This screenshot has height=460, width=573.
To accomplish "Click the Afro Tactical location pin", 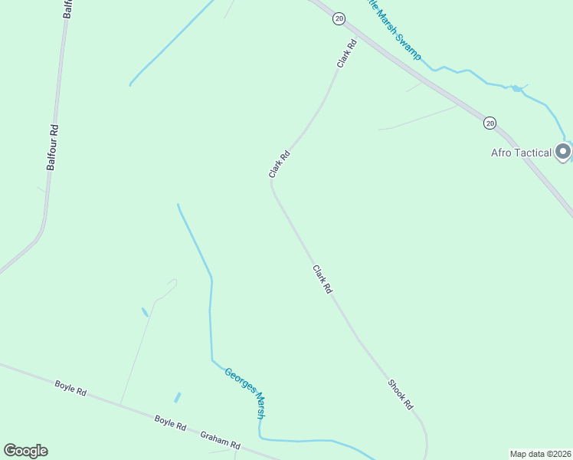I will point(563,152).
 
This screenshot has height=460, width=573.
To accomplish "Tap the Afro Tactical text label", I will point(521,153).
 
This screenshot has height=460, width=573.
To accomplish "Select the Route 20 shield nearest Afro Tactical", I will point(490,123).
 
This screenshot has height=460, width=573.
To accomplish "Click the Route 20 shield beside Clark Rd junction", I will point(339,18).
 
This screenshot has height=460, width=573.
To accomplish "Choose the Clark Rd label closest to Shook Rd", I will point(322,279).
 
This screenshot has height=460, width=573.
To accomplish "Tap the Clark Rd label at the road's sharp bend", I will point(280,164).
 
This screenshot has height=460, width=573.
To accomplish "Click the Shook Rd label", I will point(400,394).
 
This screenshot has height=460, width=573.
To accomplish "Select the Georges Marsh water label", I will point(245,393).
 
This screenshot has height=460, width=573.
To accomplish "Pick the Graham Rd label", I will point(220,440).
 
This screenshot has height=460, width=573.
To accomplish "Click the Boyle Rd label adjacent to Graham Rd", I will point(170,422).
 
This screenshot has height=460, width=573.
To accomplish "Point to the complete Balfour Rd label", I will point(53,146).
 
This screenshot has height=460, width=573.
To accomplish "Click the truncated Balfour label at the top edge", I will point(67,8).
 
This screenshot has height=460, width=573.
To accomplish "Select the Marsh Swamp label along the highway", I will point(395,34).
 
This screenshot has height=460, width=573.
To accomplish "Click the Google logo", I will point(25,451).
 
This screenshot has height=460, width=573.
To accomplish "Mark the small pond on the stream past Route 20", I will point(517,89).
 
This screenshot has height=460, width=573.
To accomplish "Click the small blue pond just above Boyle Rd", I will point(178,397).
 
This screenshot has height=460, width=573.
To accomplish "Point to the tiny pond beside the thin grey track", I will point(145,312).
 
